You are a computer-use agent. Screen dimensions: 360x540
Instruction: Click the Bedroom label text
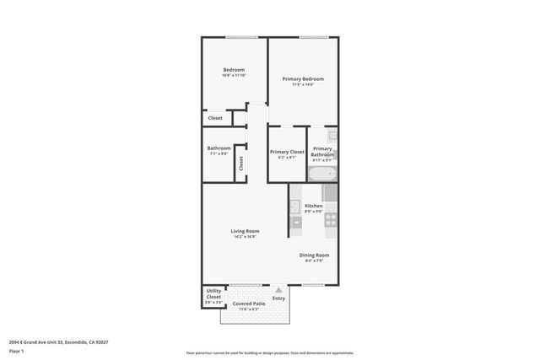tap(234, 69)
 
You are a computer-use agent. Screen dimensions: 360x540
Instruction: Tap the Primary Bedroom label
tap(302, 78)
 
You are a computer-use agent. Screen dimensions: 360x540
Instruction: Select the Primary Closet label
tap(287, 152)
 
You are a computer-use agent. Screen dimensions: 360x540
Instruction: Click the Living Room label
tap(245, 231)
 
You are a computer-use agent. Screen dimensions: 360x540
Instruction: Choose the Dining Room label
tap(314, 255)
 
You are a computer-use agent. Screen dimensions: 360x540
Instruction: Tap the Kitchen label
tap(314, 206)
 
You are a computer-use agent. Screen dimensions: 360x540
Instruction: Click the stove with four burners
tap(331, 221)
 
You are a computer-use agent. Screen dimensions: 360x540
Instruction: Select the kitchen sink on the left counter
tap(295, 206)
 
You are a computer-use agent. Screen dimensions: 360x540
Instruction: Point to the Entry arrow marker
tap(278, 289)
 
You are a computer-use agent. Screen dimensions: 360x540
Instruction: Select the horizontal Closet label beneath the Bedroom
tap(215, 118)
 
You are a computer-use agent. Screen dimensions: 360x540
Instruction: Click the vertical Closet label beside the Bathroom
tap(240, 164)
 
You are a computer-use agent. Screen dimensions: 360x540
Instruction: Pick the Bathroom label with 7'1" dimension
tap(219, 148)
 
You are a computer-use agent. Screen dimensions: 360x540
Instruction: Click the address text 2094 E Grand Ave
tap(58, 341)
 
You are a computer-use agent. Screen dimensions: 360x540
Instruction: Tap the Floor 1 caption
tap(16, 351)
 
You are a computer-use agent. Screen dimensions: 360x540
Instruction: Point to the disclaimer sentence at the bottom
tap(269, 353)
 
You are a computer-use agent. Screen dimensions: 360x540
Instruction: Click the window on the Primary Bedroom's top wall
tap(314, 37)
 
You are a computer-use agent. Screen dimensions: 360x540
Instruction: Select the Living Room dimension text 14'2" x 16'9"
tap(245, 237)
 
